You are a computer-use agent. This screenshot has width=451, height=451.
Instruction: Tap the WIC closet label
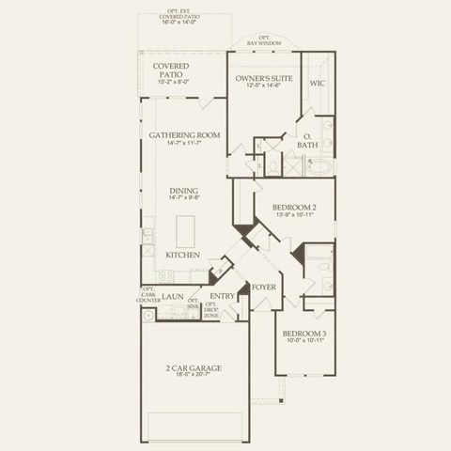pyautogui.click(x=318, y=83)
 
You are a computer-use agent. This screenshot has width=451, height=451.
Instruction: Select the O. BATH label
pyautogui.click(x=307, y=141)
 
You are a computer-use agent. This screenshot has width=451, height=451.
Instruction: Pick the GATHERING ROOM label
pyautogui.click(x=184, y=135)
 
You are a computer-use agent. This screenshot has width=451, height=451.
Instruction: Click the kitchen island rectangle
pyautogui.click(x=185, y=231)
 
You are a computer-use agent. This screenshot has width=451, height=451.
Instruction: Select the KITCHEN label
pyautogui.click(x=182, y=255)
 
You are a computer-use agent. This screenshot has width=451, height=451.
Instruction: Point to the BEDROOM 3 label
pyautogui.click(x=304, y=333)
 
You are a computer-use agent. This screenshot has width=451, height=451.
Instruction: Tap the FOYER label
pyautogui.click(x=264, y=288)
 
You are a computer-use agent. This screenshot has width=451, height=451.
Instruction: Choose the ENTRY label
pyautogui.click(x=222, y=296)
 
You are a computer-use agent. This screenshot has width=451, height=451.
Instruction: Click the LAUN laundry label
pyautogui.click(x=172, y=297)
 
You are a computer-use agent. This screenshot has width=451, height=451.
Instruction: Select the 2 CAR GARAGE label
pyautogui.click(x=194, y=367)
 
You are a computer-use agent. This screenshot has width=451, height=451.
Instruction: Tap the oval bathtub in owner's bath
pyautogui.click(x=319, y=167)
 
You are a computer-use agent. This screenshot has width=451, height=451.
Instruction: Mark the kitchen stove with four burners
pyautogui.click(x=165, y=275)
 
